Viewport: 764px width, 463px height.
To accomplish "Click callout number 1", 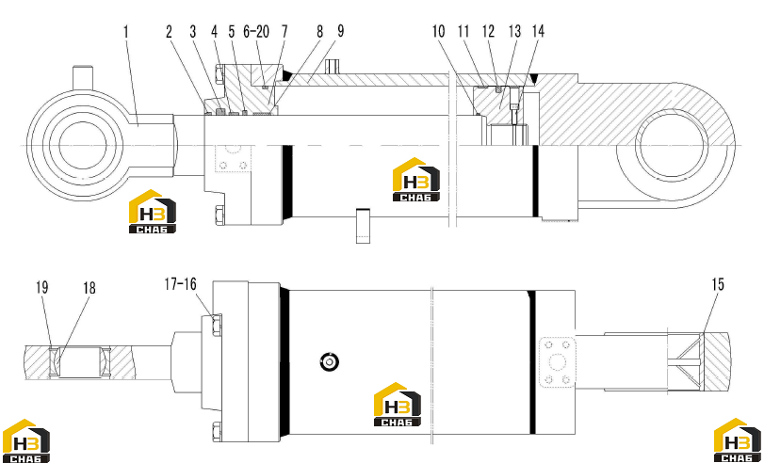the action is (126, 32).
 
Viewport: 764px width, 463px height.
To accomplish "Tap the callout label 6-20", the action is (256, 32).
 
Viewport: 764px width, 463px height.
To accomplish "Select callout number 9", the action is (341, 31).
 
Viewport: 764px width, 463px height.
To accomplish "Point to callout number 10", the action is (438, 32).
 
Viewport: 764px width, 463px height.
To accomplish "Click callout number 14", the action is (538, 32).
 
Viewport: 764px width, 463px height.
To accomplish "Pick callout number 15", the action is (718, 285).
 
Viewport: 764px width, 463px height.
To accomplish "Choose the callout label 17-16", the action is (180, 284).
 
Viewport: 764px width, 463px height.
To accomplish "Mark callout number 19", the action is (41, 287).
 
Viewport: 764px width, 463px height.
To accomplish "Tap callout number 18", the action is (89, 288).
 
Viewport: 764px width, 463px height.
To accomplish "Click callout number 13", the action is (514, 32).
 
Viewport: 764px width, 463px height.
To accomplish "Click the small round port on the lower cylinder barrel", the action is (330, 361).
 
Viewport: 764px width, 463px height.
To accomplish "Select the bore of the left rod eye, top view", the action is (82, 145).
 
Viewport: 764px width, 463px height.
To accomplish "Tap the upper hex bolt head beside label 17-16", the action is (216, 326).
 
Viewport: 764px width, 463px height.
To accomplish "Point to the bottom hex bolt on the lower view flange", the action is (217, 433).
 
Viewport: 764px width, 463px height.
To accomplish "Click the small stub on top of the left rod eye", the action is (82, 77).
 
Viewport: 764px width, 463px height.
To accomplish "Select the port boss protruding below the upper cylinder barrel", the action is (363, 226).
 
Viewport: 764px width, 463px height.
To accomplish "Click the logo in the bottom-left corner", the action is (25, 441).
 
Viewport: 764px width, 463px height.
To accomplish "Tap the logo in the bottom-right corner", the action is (738, 440).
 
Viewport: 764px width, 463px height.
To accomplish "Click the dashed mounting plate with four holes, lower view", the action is (558, 362).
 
